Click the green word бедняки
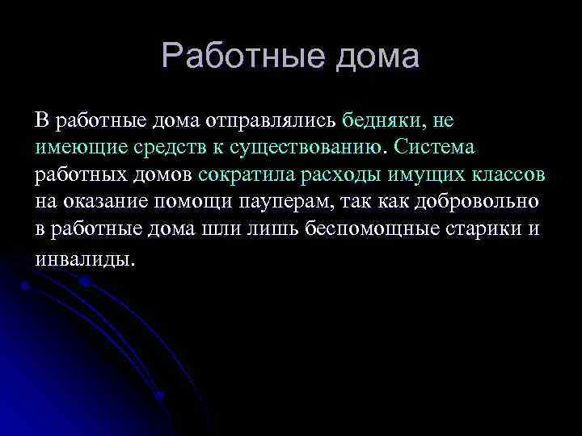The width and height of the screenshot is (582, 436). (382, 121)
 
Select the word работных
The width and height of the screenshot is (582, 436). (74, 174)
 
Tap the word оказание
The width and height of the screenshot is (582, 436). (103, 201)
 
